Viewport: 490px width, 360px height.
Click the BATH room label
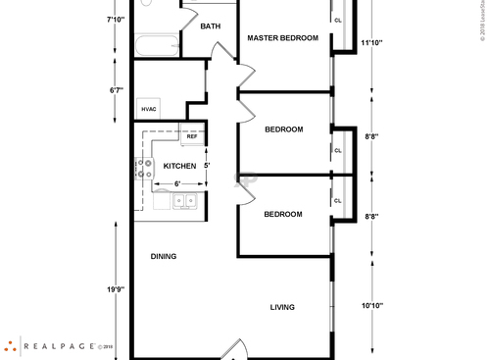point(210,26)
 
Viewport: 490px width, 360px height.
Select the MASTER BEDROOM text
point(282,38)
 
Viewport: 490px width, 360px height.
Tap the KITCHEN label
point(179,166)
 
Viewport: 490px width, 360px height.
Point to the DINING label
point(163,257)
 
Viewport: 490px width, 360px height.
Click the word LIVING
point(282,307)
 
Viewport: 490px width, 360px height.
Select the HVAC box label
point(149,109)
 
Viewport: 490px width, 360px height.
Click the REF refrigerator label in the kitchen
point(192,136)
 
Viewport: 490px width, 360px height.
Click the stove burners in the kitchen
point(145,170)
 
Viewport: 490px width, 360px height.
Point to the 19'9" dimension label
point(116,290)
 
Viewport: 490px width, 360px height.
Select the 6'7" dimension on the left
point(116,90)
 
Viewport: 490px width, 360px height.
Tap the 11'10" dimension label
point(371,43)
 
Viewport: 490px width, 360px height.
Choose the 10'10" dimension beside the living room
point(371,306)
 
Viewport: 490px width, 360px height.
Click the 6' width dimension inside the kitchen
point(176,183)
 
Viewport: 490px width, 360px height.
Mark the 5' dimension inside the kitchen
point(206,166)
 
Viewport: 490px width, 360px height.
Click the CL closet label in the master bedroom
point(338,20)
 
